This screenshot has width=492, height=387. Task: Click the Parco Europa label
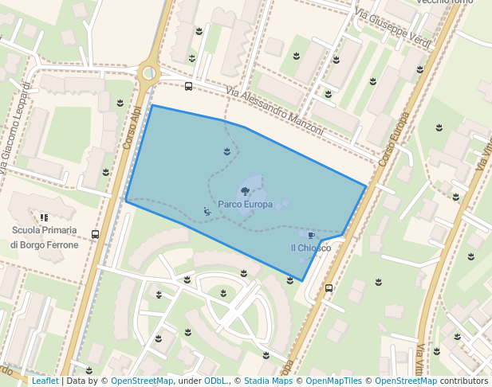coord(245,205)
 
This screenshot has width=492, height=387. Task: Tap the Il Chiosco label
coord(310,248)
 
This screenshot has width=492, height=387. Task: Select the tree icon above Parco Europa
coord(245,191)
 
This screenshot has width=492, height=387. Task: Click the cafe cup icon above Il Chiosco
coord(311,235)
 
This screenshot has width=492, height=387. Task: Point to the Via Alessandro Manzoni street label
coord(274,111)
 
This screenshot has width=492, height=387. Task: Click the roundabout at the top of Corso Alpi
coord(148,73)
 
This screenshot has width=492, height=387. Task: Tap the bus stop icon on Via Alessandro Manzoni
coord(188,86)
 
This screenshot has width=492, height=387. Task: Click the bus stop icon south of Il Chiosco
coord(329,287)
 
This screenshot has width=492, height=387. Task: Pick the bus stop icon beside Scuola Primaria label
coord(96,234)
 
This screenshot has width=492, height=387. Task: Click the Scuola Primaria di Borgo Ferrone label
coord(45,237)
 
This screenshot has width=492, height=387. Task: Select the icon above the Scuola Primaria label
coord(44,217)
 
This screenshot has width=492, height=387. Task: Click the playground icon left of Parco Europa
coord(207,210)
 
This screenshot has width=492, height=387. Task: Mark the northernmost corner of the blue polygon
coord(152,105)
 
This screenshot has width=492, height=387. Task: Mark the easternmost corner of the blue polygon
coord(367,186)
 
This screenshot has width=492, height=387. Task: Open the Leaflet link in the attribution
coord(45,381)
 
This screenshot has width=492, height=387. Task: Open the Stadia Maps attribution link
coord(268,381)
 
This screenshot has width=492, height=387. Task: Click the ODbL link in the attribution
coord(215,381)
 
